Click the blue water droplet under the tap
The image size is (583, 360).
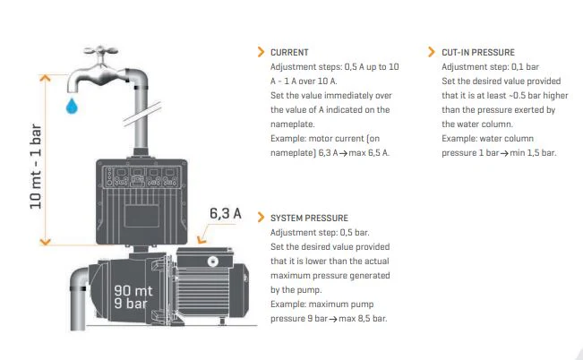point(72,106)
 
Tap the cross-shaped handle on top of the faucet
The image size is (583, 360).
point(101,50)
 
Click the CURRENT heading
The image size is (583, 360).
point(289,53)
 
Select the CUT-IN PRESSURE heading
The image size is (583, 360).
point(478,53)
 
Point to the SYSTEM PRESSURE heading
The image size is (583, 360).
point(309,218)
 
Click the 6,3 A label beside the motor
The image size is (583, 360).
point(226,213)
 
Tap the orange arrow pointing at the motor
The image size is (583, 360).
point(204,235)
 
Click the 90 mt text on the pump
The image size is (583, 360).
point(133,290)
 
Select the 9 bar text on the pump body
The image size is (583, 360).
point(131,304)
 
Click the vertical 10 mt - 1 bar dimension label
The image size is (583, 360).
point(36,167)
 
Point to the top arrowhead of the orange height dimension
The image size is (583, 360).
point(45,78)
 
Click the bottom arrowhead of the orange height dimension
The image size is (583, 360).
point(45,242)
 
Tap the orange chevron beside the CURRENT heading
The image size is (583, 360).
point(261,52)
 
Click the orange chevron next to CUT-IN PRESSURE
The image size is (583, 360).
point(432,52)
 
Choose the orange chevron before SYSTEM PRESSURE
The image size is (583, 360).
point(261,218)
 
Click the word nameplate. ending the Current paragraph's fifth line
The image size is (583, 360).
point(292,124)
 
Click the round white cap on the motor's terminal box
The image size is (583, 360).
point(212,261)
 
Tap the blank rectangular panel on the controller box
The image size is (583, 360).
point(142,215)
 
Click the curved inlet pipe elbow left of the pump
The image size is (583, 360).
point(79,279)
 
